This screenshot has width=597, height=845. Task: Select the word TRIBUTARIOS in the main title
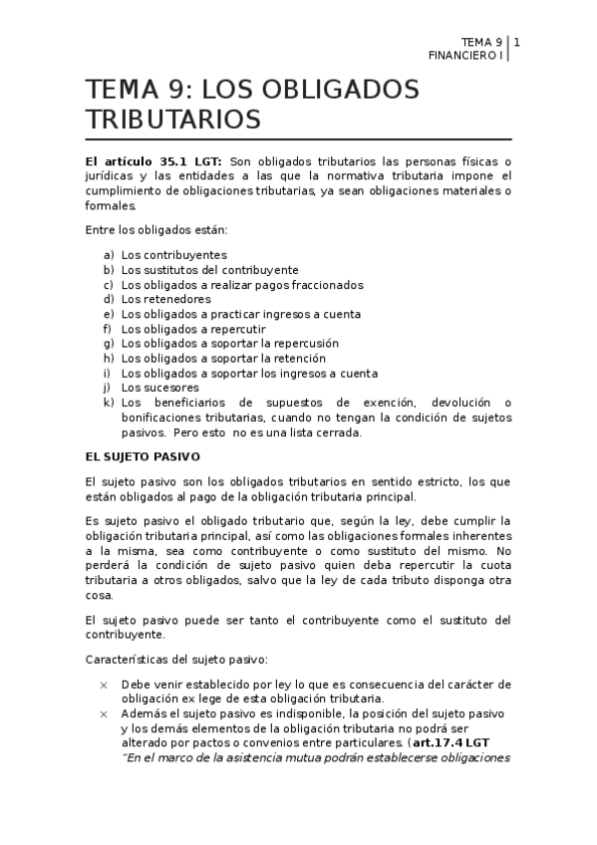[173, 121]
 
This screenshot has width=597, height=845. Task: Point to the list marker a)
[108, 255]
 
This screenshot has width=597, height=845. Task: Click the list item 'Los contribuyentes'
[173, 255]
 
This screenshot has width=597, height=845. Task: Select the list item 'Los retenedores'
[165, 299]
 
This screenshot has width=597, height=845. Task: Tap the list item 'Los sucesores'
[159, 388]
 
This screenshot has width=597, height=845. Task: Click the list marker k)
[108, 403]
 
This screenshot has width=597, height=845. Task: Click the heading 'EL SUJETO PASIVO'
[144, 456]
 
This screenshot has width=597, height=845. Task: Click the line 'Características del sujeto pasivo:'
[175, 659]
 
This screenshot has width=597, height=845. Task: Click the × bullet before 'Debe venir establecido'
[104, 685]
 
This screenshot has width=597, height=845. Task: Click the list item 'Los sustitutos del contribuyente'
[209, 270]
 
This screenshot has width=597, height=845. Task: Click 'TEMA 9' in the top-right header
[482, 42]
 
